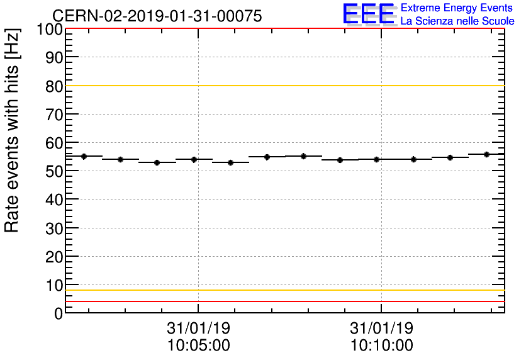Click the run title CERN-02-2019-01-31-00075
pyautogui.click(x=157, y=16)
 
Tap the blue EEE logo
pyautogui.click(x=369, y=14)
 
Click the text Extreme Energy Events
pyautogui.click(x=457, y=8)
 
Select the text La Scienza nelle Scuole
pyautogui.click(x=457, y=21)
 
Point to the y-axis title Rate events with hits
pyautogui.click(x=13, y=130)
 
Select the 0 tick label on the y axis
pyautogui.click(x=58, y=313)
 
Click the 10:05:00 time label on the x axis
pyautogui.click(x=198, y=346)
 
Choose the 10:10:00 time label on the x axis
pyautogui.click(x=381, y=346)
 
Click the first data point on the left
pyautogui.click(x=84, y=156)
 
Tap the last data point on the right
pyautogui.click(x=486, y=154)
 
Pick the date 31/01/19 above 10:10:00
pyautogui.click(x=381, y=329)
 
